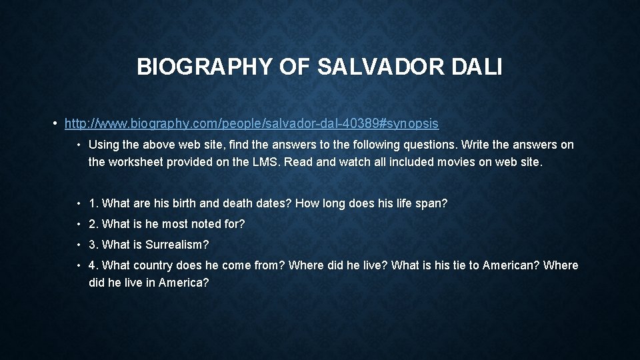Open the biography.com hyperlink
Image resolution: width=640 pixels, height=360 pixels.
point(251,123)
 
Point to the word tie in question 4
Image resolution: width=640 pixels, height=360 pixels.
point(450,265)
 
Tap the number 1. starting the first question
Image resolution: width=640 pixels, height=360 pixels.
point(93,203)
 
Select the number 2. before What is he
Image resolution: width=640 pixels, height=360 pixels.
point(93,224)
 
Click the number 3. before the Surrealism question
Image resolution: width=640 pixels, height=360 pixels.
point(93,245)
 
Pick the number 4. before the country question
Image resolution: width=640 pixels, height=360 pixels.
point(93,265)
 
